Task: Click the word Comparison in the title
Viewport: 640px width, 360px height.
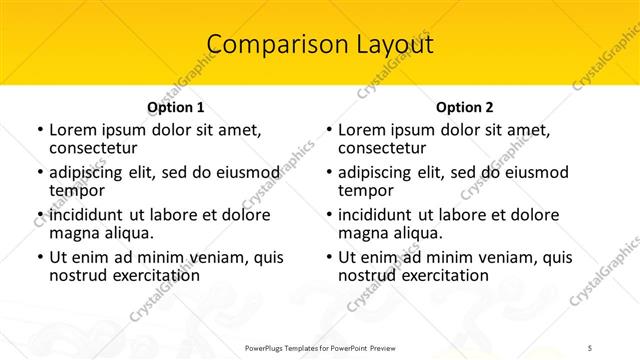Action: tap(265, 45)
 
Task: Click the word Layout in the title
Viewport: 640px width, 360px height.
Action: tap(390, 45)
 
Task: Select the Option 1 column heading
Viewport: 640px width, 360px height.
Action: tap(175, 107)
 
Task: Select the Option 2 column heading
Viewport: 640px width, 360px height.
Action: tap(464, 107)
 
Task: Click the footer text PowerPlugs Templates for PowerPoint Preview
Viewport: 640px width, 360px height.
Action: tap(320, 347)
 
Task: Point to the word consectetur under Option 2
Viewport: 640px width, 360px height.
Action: tap(381, 147)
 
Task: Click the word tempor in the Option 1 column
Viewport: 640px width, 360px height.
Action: tap(72, 190)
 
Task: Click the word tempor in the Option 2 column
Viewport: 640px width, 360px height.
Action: tap(361, 190)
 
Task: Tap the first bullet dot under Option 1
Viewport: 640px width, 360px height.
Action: tap(39, 131)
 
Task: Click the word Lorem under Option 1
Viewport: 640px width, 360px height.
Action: tap(72, 130)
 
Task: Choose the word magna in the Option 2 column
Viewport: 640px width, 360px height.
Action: tap(363, 232)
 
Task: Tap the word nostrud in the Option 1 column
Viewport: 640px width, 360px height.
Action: tap(78, 275)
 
